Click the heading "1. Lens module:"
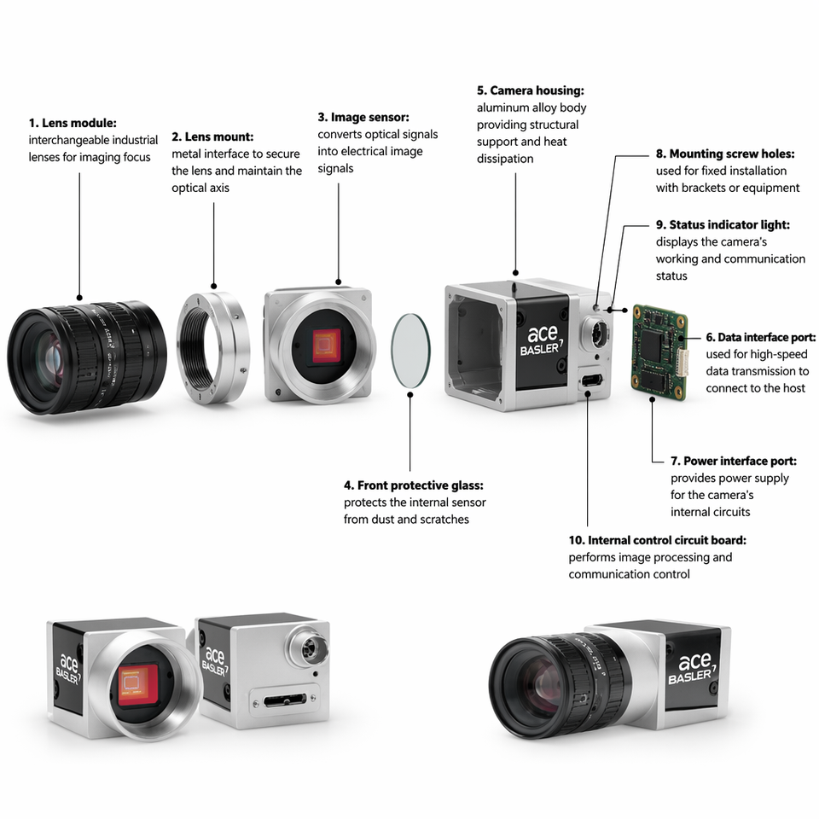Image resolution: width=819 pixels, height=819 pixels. (73, 123)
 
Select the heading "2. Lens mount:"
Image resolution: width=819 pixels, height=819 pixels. (212, 136)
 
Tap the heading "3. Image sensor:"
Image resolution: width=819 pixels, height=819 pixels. (363, 117)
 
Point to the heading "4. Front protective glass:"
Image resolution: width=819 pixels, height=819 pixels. (414, 485)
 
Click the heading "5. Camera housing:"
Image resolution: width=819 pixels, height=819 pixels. (531, 90)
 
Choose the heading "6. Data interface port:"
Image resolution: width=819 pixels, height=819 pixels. (761, 337)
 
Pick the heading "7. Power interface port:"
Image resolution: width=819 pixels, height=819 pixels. (734, 461)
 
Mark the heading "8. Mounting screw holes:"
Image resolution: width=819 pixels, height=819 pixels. (725, 154)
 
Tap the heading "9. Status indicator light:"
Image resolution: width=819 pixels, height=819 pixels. (723, 224)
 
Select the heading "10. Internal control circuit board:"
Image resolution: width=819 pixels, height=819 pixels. (658, 540)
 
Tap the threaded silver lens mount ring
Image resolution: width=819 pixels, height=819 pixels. (213, 347)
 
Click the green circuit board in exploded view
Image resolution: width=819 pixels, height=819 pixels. (659, 352)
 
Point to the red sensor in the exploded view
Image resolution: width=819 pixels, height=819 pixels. (327, 346)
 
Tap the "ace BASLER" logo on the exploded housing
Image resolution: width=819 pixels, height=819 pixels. (542, 340)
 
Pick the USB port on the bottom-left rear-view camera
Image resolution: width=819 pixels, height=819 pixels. (285, 700)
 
